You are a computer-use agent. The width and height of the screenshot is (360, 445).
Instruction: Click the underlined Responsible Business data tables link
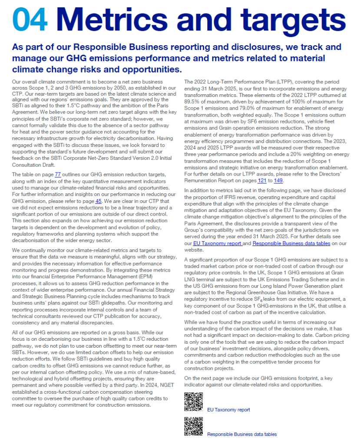(291, 243)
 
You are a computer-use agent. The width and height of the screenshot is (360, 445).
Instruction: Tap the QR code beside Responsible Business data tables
(194, 426)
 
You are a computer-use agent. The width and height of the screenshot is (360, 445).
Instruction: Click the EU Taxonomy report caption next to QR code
(228, 410)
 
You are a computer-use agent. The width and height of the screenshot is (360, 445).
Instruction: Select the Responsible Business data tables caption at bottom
(242, 434)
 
